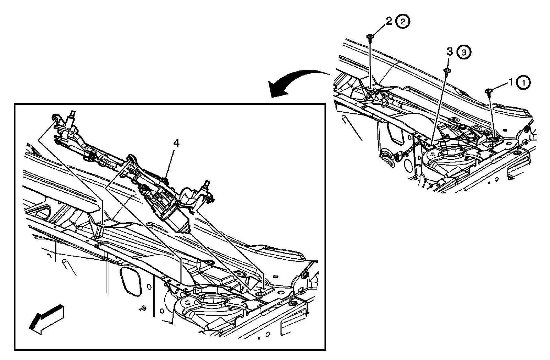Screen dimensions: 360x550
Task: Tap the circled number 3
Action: pos(463,52)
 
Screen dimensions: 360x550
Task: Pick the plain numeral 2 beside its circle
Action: pos(388,21)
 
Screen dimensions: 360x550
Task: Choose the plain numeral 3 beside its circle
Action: pos(449,52)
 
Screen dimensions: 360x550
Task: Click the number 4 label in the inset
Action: pos(176,143)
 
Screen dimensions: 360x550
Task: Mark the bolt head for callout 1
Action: pos(488,91)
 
